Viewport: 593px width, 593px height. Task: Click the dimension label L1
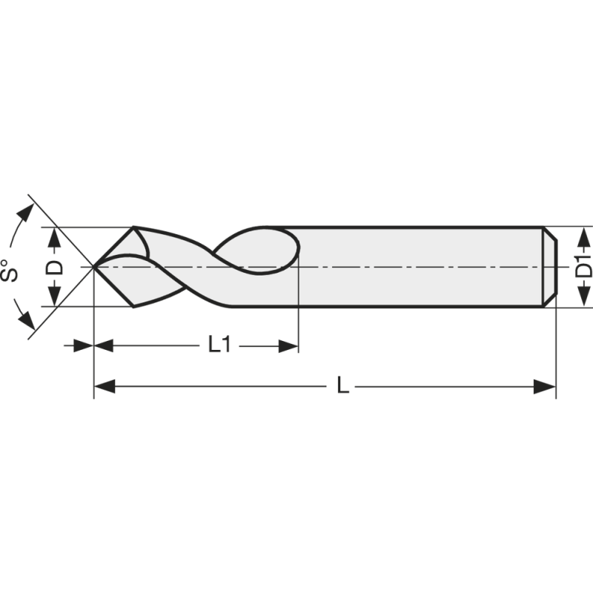(x=219, y=345)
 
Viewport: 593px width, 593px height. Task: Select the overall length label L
(x=342, y=385)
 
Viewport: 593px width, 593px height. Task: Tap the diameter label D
(x=54, y=267)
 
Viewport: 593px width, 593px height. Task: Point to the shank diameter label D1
(x=584, y=266)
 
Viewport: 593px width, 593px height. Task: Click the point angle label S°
(x=10, y=270)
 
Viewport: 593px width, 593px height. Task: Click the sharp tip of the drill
(x=93, y=267)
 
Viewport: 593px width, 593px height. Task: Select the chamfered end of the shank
(x=549, y=267)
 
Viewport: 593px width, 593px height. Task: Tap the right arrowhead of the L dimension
(x=545, y=386)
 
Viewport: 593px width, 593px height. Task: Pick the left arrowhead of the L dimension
(x=105, y=386)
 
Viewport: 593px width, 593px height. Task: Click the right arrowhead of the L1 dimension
(x=288, y=345)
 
